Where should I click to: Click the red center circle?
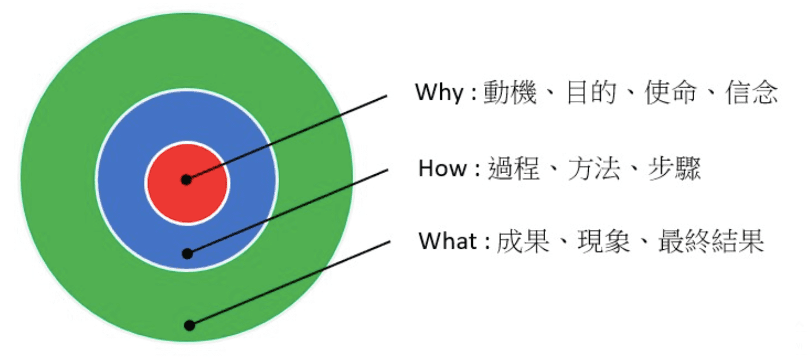tap(187, 183)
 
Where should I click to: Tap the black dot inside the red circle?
tap(186, 179)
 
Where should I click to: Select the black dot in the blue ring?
tap(187, 254)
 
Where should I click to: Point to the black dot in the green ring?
tap(190, 325)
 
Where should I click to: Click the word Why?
tap(439, 92)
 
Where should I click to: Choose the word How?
tap(443, 169)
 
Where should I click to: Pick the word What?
tap(448, 241)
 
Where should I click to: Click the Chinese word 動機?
tap(510, 92)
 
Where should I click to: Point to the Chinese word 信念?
tap(752, 92)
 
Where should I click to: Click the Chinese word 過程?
tap(514, 169)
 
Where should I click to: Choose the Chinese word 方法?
tap(594, 169)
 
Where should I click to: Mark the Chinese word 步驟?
tap(674, 169)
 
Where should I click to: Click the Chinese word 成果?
tap(523, 241)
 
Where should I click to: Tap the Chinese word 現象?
tap(604, 241)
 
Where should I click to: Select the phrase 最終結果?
tap(711, 241)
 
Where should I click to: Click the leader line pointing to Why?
tap(287, 138)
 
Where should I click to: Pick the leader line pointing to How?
tap(287, 212)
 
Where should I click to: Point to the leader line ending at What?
tap(289, 283)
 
